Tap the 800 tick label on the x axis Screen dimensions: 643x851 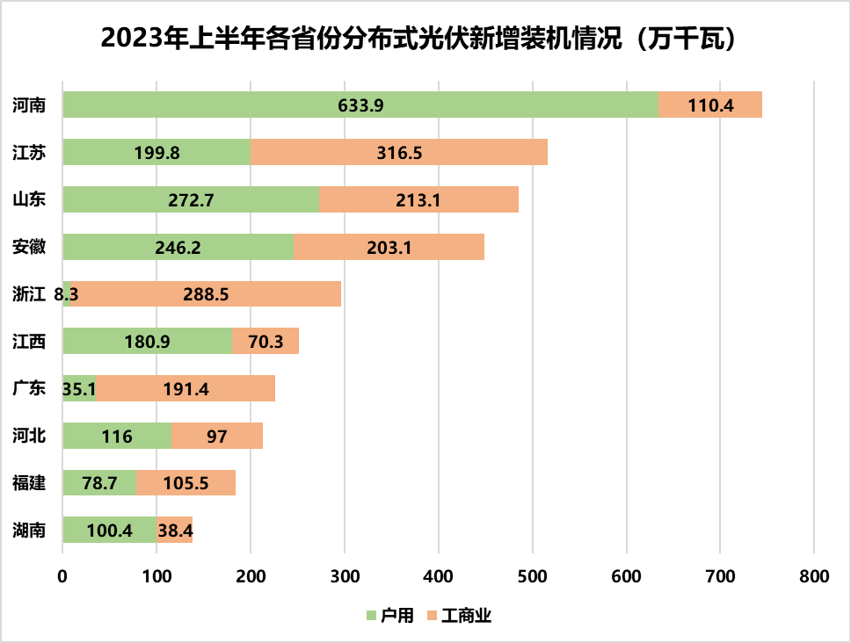[x=814, y=576]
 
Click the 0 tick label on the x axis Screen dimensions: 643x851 [x=62, y=576]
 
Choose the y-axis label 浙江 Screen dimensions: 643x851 [x=30, y=294]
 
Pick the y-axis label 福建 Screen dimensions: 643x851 [x=30, y=484]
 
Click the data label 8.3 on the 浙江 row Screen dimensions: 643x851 [x=67, y=295]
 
